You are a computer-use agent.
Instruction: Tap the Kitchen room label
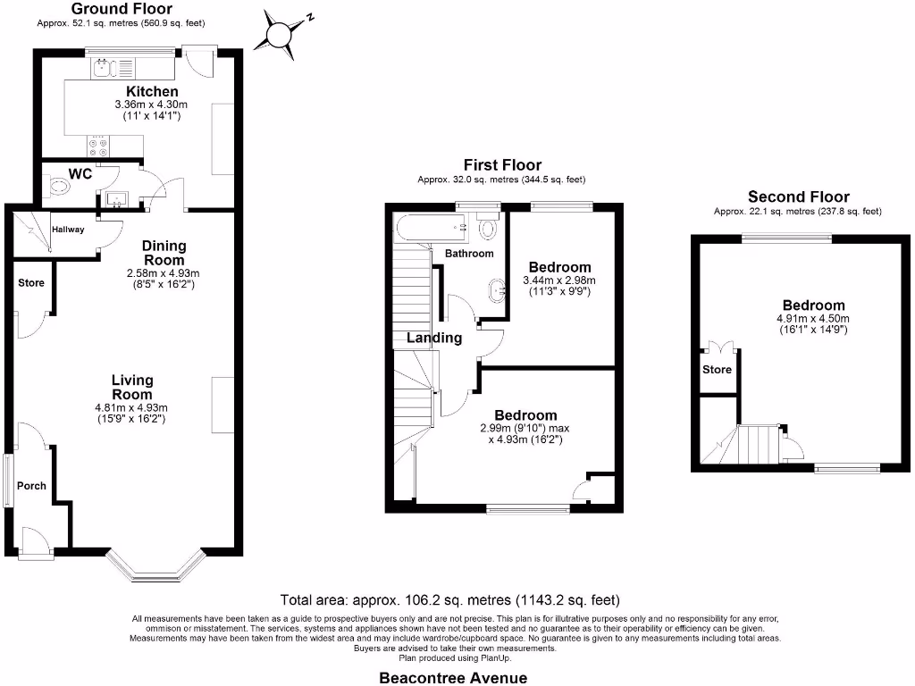pos(152,92)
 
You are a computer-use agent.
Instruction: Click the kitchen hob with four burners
pos(97,144)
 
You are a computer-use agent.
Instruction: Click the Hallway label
pos(68,230)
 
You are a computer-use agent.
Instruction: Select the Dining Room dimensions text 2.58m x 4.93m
pos(164,273)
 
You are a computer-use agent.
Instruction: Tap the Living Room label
pos(132,387)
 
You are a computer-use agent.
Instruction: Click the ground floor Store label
pos(31,283)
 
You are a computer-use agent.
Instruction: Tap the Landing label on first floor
pos(434,338)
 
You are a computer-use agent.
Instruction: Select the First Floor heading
pos(501,165)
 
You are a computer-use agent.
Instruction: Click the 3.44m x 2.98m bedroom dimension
pos(560,280)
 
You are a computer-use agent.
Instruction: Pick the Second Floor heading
pos(798,197)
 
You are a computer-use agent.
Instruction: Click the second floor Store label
pos(717,369)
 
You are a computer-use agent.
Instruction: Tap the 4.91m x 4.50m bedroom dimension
pos(812,319)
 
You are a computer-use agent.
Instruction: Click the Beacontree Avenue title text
pos(453,677)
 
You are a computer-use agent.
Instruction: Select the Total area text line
pos(449,600)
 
